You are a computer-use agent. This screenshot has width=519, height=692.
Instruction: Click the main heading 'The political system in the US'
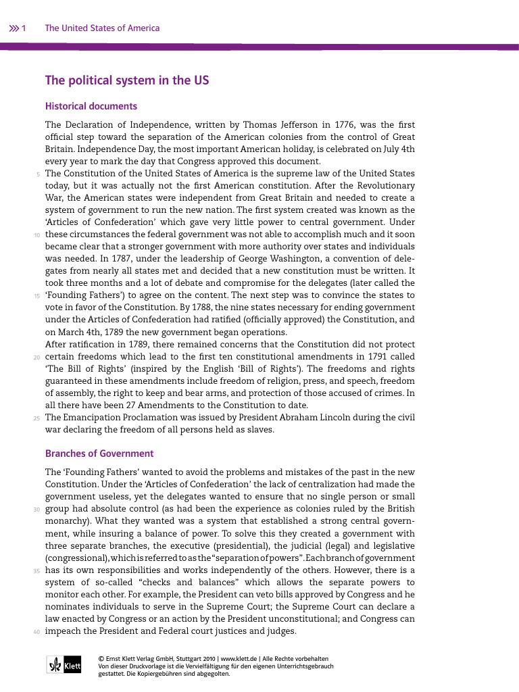pyautogui.click(x=127, y=80)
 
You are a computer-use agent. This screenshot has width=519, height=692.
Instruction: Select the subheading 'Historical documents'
pyautogui.click(x=91, y=106)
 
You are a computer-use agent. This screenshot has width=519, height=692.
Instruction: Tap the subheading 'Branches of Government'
pyautogui.click(x=99, y=453)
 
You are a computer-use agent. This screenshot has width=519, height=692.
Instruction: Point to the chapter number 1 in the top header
pyautogui.click(x=24, y=28)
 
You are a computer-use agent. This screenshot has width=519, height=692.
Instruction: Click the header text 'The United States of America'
pyautogui.click(x=102, y=28)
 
